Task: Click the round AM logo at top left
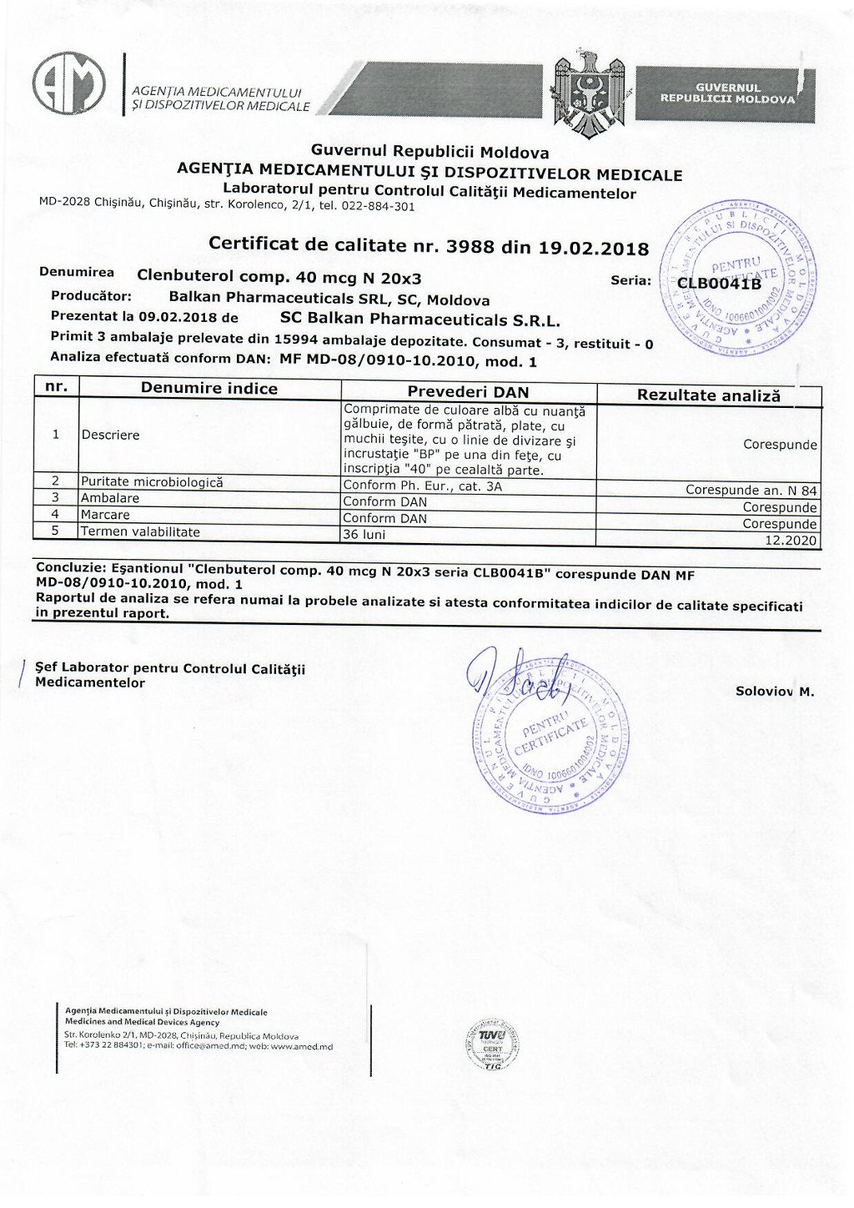69,83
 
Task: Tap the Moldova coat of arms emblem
589,93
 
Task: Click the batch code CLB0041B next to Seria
719,283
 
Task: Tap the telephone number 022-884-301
379,207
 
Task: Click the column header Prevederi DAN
468,391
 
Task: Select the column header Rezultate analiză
708,395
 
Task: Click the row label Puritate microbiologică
152,482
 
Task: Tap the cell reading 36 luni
364,534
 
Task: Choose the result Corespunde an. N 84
751,491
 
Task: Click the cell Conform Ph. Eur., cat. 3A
423,486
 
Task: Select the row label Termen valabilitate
140,531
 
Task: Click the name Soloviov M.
775,691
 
